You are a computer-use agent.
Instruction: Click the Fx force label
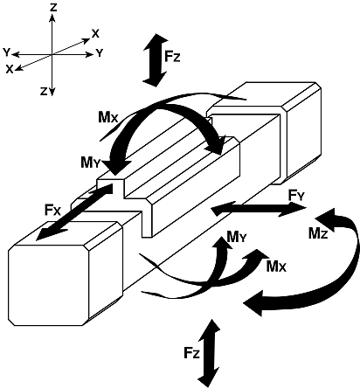(x=52, y=210)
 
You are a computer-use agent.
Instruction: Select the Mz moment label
(x=318, y=233)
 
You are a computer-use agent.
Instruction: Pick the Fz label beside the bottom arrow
(x=191, y=353)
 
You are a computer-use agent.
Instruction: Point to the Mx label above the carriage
(x=108, y=117)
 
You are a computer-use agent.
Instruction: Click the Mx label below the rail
(x=276, y=267)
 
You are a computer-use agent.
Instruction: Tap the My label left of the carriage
(x=91, y=163)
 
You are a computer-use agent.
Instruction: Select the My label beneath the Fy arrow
(x=237, y=238)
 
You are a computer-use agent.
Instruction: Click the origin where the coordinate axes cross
(x=52, y=54)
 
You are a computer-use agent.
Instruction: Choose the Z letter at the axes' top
(x=53, y=8)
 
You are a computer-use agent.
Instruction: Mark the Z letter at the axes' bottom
(x=44, y=92)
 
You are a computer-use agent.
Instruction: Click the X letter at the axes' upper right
(x=95, y=34)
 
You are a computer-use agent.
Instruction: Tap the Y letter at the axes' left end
(x=6, y=52)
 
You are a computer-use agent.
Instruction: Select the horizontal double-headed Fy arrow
(x=259, y=209)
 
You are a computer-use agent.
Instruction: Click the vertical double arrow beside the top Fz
(x=156, y=60)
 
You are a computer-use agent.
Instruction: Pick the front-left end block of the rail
(x=66, y=274)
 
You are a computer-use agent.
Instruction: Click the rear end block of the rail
(x=265, y=133)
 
